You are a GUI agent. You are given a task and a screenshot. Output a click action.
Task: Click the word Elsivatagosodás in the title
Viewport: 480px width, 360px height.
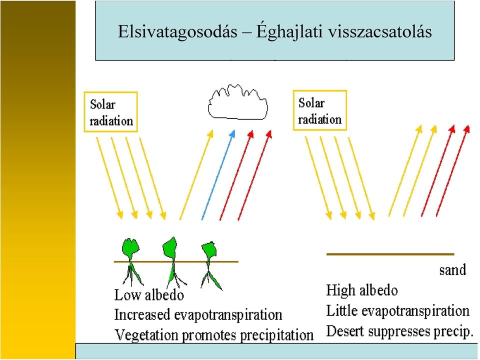point(177,31)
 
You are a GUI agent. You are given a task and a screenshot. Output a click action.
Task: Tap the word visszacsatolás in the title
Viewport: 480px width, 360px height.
point(379,31)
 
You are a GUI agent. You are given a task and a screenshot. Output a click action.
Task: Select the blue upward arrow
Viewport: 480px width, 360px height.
point(218,175)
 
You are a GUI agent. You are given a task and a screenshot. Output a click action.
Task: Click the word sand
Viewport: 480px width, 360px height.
point(452,270)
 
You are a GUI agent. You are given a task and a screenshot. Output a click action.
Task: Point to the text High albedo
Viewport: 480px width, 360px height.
point(362,290)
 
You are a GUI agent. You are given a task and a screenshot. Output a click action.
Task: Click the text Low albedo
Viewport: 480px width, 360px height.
point(149,295)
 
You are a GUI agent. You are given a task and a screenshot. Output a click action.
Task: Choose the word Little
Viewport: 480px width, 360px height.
point(342,310)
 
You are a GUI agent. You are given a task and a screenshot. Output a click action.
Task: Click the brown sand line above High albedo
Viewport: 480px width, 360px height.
point(390,254)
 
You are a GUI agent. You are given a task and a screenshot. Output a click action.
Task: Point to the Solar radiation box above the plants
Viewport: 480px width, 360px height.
point(111,112)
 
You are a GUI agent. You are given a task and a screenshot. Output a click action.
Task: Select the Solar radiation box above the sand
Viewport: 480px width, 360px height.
point(320,110)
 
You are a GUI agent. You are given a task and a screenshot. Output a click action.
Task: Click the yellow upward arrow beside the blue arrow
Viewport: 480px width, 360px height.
point(196,175)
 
